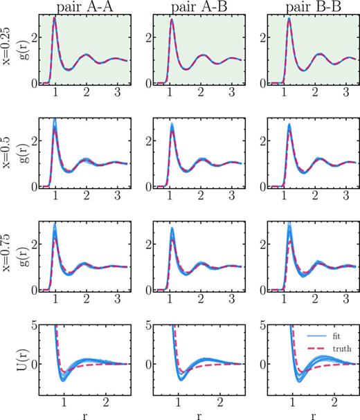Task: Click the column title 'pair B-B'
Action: (308, 7)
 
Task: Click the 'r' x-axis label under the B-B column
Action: (309, 413)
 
